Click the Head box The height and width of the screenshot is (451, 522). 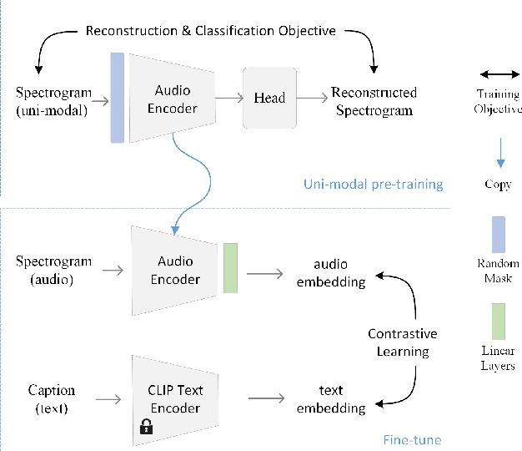269,99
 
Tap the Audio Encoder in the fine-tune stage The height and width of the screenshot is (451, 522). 175,270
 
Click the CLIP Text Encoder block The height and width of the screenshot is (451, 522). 175,398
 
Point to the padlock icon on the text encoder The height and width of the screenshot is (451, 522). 146,428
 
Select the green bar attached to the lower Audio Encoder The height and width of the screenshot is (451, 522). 230,268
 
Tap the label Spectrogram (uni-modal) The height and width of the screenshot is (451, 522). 52,99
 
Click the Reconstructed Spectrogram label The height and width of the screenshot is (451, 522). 374,100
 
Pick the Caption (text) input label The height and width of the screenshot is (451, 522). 52,398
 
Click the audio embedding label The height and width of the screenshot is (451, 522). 332,273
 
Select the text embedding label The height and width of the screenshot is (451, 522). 332,399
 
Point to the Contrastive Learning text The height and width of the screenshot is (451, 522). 403,342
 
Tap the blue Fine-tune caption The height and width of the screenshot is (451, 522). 412,439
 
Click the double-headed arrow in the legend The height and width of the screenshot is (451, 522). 498,74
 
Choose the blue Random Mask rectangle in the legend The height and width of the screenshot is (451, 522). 498,234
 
